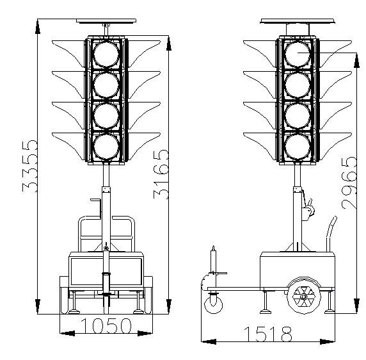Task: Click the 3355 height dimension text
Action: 29,166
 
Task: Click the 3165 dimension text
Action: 161,174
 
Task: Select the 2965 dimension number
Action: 349,183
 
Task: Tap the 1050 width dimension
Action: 106,325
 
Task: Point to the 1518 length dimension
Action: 268,334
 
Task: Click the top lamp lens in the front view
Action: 106,54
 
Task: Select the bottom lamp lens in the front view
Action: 106,147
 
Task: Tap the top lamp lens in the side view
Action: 298,54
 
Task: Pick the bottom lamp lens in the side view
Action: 298,147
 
